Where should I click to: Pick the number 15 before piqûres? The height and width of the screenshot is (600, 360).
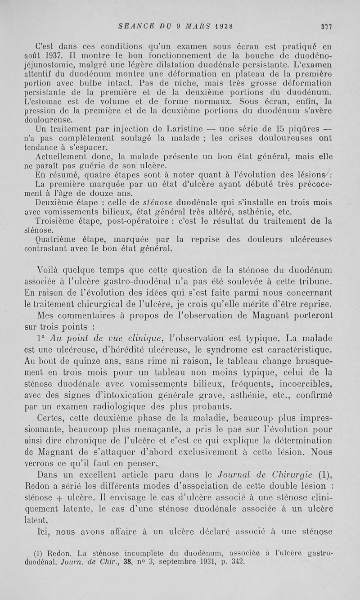point(273,130)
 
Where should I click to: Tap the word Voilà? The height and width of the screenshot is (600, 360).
point(50,271)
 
